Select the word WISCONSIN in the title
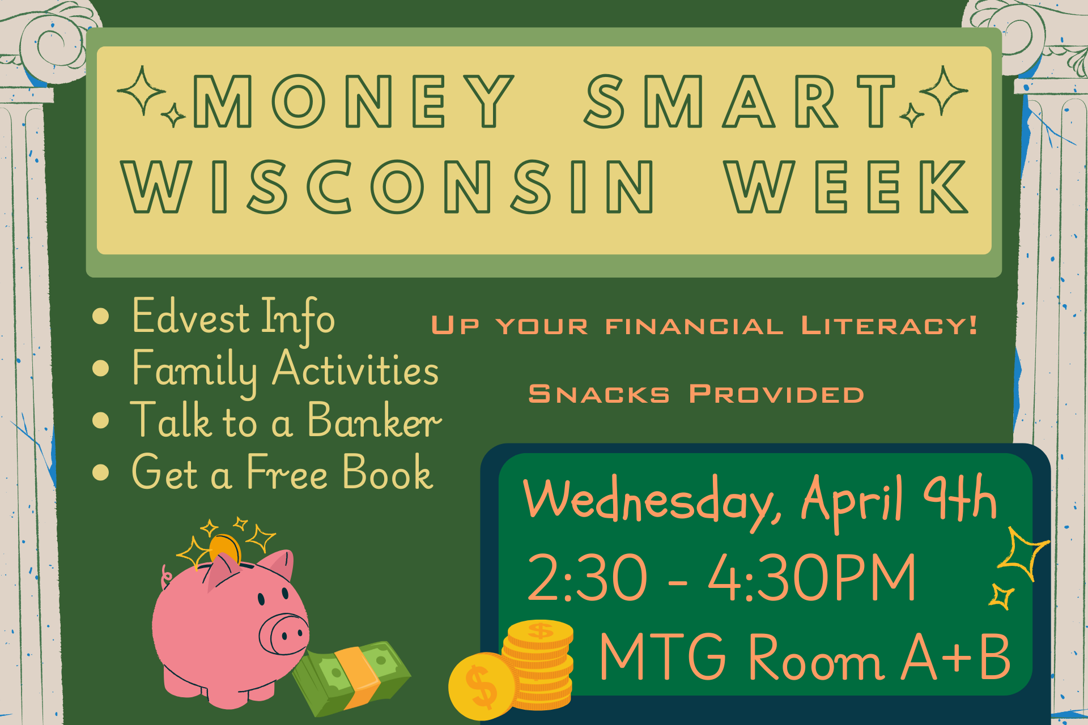388,186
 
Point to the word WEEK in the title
847,186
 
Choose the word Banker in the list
374,420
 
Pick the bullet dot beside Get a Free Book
100,472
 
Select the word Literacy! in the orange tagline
889,326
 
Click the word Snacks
599,394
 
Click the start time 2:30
587,577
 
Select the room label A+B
956,657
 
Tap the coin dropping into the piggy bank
225,549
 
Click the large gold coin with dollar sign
483,686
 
